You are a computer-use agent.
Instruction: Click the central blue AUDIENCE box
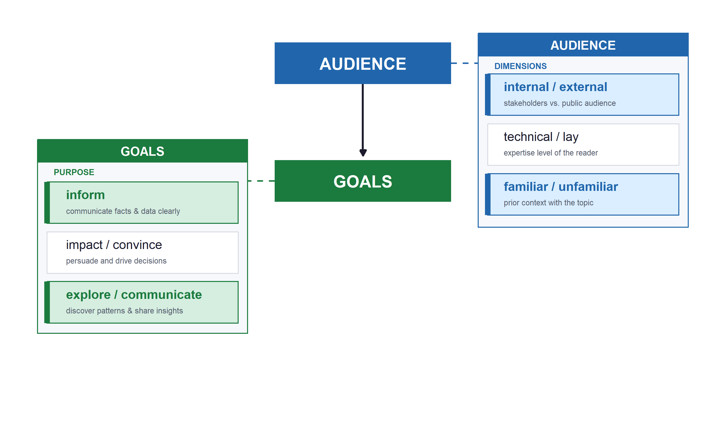pos(363,63)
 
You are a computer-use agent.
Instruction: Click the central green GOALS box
pos(363,181)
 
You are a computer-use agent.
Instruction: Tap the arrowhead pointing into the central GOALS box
pos(363,153)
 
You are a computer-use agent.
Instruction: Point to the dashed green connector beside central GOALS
pos(261,181)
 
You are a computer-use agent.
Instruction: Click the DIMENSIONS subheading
pos(520,66)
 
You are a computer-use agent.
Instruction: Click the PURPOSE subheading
pos(74,172)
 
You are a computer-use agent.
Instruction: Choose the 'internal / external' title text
pos(555,87)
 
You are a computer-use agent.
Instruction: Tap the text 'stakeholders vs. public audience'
pos(560,103)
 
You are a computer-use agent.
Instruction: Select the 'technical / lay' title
pos(541,137)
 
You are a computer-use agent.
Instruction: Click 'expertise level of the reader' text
pos(551,153)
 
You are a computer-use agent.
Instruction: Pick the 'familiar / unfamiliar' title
pos(561,187)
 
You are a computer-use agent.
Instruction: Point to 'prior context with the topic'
pos(548,203)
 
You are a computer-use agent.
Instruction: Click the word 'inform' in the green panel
pos(85,195)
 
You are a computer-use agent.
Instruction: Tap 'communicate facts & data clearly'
pos(123,211)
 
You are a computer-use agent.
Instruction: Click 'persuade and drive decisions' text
pos(116,261)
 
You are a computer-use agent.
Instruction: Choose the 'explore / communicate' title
pos(134,295)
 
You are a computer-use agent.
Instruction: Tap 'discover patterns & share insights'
pos(124,311)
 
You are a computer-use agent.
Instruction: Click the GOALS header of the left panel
pos(143,151)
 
